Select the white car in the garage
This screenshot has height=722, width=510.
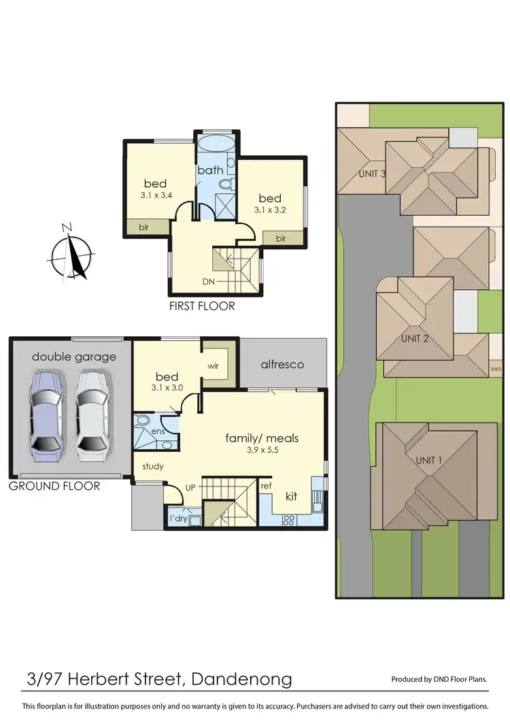[90, 414]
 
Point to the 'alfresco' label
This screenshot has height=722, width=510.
[282, 365]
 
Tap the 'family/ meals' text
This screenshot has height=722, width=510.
[262, 438]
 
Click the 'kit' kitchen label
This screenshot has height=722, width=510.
[291, 496]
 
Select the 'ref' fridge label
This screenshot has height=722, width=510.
[267, 486]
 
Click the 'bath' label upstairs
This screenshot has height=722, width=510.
[211, 169]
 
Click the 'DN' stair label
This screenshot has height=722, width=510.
[209, 281]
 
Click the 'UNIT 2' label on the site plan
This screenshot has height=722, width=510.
[415, 338]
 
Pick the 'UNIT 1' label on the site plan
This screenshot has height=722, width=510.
[429, 461]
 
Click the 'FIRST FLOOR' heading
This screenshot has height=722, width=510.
[202, 306]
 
